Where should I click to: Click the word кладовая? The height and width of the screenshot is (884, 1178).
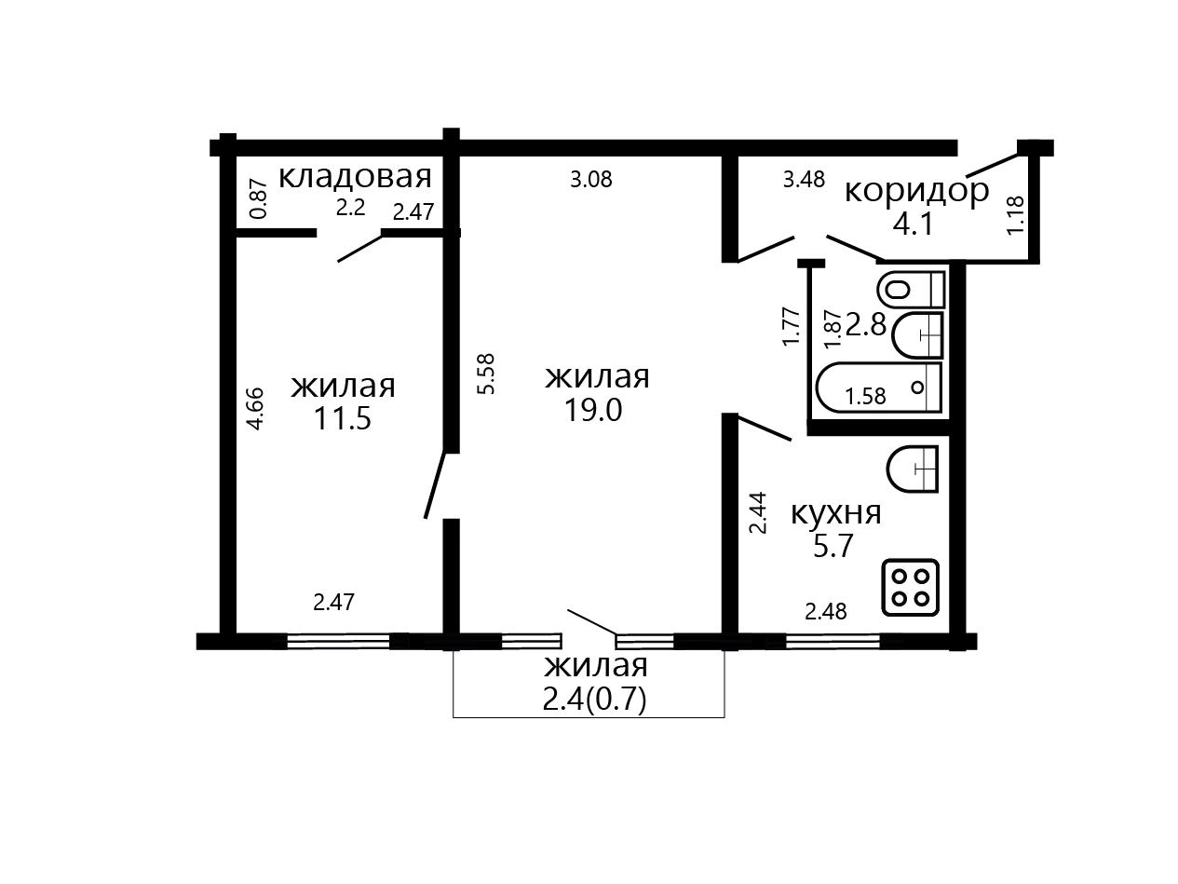point(355,177)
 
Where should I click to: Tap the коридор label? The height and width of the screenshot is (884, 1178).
point(916,192)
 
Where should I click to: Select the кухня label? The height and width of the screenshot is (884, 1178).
point(836,513)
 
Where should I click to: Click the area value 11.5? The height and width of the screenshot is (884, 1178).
point(343,418)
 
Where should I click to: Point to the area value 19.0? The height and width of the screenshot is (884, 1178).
point(593,410)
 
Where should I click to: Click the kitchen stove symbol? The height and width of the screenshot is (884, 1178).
point(911,587)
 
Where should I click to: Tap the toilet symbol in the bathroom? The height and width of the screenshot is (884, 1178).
point(911,290)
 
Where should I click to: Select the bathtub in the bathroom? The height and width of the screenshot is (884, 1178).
point(878,388)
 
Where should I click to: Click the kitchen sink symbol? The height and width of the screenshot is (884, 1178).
point(913,469)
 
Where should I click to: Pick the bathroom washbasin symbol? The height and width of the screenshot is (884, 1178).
point(917,335)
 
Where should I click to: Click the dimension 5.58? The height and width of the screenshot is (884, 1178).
point(487,374)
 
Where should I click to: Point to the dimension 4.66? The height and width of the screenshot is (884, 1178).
point(255,408)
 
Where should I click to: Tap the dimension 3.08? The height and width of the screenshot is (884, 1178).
point(591,179)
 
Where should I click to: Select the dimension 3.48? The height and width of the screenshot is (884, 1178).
point(804,179)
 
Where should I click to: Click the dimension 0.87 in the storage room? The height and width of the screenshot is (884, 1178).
point(259,198)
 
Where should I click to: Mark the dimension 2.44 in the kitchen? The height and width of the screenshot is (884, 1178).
point(758,512)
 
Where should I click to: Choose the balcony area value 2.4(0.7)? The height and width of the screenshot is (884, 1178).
point(595,700)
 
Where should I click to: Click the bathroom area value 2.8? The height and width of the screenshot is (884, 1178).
point(866,325)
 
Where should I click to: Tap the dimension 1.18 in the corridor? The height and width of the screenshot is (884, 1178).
point(1015,215)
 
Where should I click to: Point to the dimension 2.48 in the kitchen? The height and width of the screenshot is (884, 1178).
point(826,611)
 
